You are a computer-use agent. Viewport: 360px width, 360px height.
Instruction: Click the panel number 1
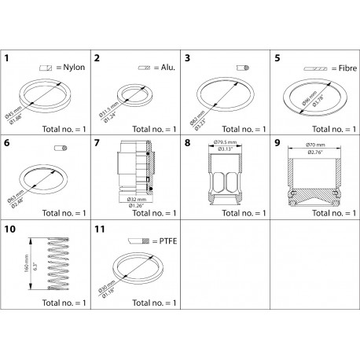pyautogui.click(x=7, y=58)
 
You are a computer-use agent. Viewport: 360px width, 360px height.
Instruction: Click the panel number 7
pyautogui.click(x=97, y=144)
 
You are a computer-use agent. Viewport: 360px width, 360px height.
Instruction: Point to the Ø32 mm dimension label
pyautogui.click(x=130, y=200)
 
